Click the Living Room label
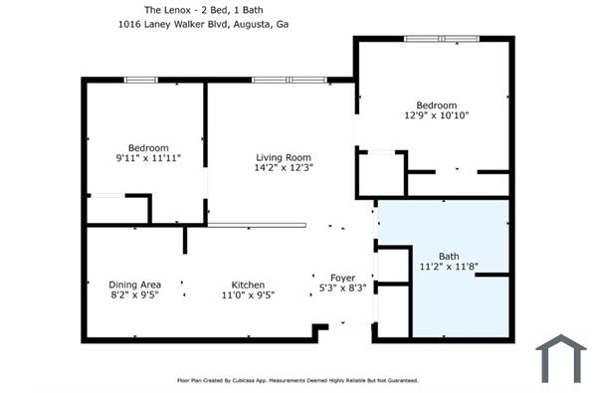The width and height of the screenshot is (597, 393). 284,157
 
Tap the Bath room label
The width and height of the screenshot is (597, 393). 449,257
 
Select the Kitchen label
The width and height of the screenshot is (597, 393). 248,285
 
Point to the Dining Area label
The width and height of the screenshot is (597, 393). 134,285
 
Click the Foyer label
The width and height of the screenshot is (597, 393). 342,278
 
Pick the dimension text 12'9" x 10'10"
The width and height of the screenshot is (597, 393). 437,115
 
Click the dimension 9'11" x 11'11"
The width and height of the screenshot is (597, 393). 148,157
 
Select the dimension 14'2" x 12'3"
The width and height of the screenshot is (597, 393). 284,167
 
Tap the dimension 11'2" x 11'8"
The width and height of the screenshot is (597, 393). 449,267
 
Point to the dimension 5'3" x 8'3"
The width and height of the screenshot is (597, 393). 342,288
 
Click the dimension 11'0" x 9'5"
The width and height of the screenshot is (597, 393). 248,295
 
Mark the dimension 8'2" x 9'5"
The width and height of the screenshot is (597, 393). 134,295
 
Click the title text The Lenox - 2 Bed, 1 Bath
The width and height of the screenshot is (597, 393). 203,10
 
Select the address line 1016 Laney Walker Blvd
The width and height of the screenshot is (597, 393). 173,24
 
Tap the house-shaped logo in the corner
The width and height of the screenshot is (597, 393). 561,358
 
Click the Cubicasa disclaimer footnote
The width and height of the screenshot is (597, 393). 298,380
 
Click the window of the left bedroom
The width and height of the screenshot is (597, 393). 140,80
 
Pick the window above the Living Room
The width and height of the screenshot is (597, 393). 290,80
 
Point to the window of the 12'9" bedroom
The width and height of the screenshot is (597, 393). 442,39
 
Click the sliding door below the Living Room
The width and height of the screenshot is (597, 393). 257,225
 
